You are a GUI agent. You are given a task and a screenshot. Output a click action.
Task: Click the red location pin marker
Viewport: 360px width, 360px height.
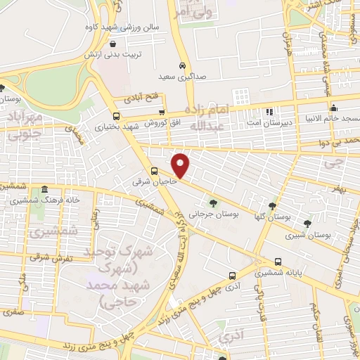tap(181, 165)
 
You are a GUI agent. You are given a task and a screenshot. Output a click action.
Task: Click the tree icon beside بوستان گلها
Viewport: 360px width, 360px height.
tap(271, 206)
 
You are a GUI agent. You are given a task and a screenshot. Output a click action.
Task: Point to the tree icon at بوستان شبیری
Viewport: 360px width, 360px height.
tap(307, 224)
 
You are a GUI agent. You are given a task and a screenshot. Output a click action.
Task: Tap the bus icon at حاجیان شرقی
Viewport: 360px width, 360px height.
tap(154, 171)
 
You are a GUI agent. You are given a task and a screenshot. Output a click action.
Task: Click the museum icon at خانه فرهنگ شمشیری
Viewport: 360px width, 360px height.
tap(44, 190)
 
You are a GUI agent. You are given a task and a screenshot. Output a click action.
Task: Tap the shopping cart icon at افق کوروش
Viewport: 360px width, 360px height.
tap(162, 112)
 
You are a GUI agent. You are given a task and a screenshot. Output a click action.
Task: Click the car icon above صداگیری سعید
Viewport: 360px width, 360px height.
tap(182, 64)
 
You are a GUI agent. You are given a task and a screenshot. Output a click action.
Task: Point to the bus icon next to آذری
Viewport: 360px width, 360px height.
tap(232, 276)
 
